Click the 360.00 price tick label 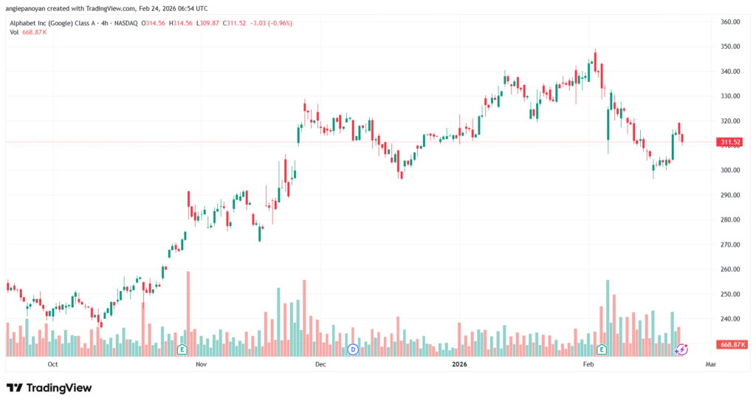click(x=730, y=22)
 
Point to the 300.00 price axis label click(x=730, y=171)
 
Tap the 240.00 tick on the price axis click(x=730, y=319)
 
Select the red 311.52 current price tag click(x=730, y=142)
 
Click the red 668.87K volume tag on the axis click(x=730, y=345)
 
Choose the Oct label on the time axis click(x=52, y=364)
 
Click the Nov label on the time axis click(x=200, y=364)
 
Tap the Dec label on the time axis click(x=320, y=364)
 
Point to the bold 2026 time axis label click(x=460, y=364)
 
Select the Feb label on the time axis click(x=588, y=364)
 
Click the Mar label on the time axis click(x=711, y=364)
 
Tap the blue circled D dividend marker click(x=353, y=349)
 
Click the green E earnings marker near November click(x=182, y=349)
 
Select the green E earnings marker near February click(x=602, y=349)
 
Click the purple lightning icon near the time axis click(x=683, y=349)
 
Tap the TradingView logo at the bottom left click(x=49, y=388)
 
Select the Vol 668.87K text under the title click(x=30, y=32)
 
